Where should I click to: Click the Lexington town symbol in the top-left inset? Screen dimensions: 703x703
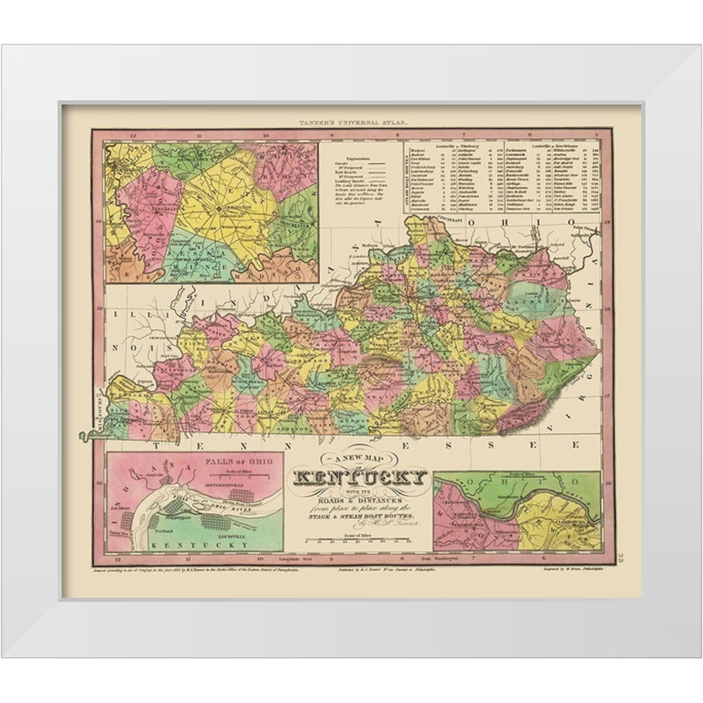pyautogui.click(x=219, y=208)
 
